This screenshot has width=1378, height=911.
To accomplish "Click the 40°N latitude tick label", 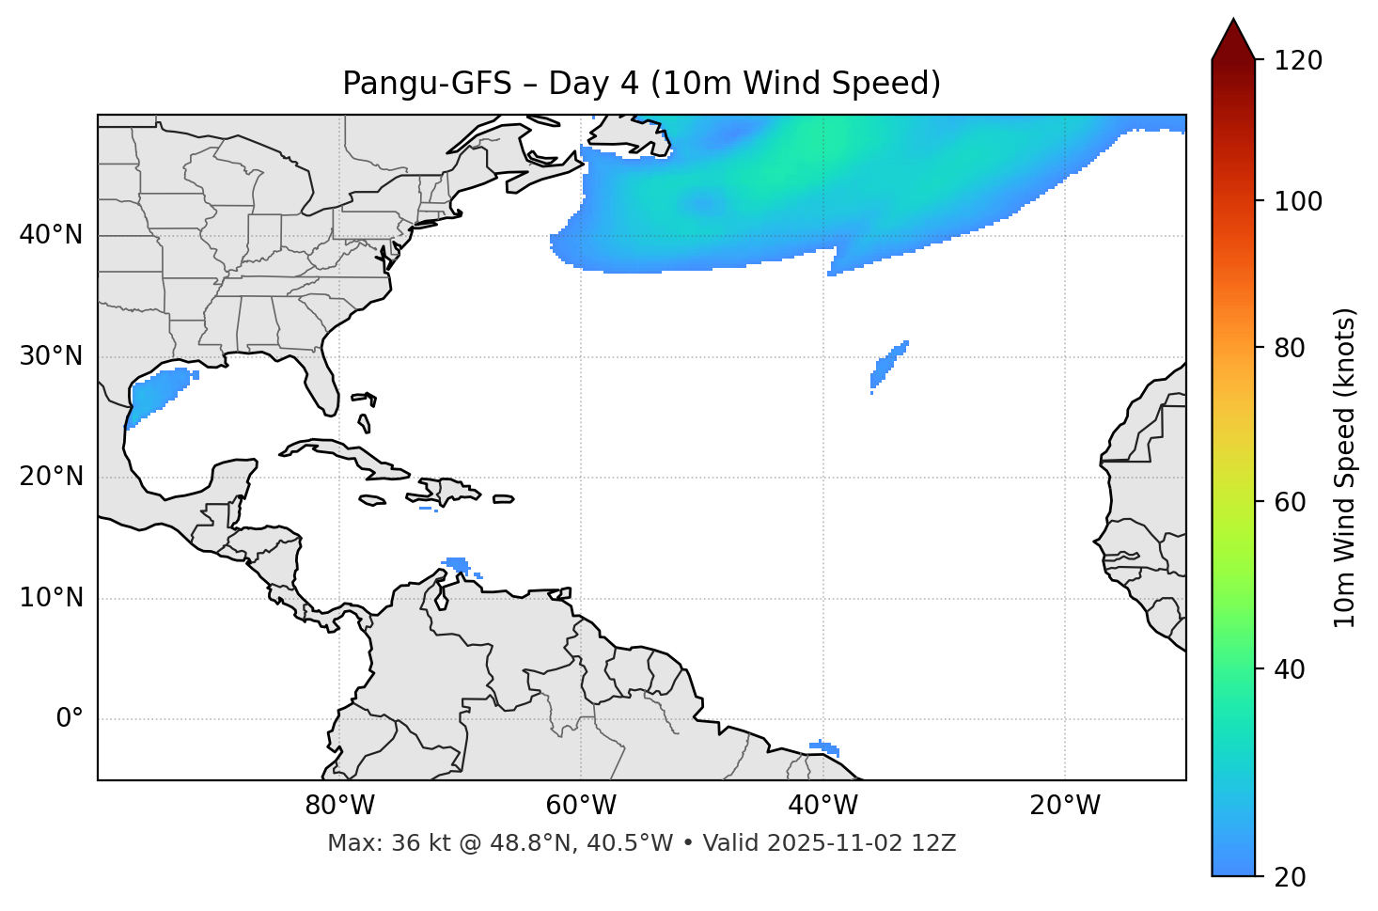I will click(51, 235).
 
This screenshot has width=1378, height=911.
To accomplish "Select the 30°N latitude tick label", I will click(51, 356).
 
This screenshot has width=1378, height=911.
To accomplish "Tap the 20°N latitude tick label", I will click(51, 477).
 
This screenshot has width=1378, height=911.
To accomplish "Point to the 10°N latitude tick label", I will click(51, 598).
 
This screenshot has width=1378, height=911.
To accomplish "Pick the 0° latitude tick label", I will click(70, 719).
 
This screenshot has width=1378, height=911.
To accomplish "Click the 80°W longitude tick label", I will click(339, 806).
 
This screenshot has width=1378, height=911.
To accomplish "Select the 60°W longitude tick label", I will click(581, 806).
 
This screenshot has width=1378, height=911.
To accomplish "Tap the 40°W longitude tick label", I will click(822, 806).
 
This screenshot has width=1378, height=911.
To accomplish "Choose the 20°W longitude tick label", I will click(1065, 806).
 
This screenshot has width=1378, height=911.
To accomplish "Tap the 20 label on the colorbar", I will click(1291, 877).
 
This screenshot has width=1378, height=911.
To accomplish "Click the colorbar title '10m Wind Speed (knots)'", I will click(1346, 467).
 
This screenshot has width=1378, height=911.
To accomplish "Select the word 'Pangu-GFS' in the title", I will click(427, 84).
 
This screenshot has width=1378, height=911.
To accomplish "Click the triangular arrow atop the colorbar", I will click(1233, 39).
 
